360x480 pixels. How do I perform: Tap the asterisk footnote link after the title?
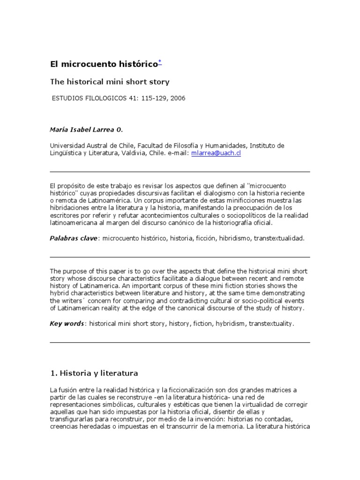click(160, 62)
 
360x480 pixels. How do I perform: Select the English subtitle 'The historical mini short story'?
click(110, 82)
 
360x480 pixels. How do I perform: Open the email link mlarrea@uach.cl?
click(216, 153)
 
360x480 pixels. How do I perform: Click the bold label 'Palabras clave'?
click(74, 238)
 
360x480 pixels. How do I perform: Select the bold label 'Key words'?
click(67, 323)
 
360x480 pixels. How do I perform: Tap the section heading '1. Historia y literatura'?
click(93, 374)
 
